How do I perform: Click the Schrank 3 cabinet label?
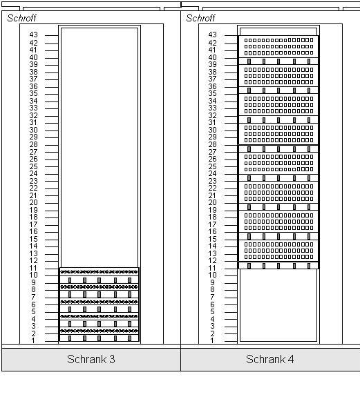(91, 359)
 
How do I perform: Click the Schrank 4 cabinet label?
(269, 359)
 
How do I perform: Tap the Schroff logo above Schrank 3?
(21, 18)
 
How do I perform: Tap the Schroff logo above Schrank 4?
(200, 18)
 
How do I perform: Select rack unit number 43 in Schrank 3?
(33, 35)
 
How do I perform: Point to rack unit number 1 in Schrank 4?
(212, 340)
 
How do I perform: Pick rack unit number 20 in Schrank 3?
(33, 202)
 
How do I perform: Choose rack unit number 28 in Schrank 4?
(212, 144)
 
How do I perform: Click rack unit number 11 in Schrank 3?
(33, 268)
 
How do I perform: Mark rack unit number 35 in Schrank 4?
(212, 93)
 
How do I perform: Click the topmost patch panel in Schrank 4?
(278, 46)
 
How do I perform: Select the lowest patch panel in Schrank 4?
(278, 251)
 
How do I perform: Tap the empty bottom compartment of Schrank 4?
(278, 305)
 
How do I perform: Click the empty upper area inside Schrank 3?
(100, 148)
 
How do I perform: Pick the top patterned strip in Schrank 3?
(99, 272)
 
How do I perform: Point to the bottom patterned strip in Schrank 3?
(99, 331)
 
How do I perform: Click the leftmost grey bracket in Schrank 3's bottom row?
(70, 338)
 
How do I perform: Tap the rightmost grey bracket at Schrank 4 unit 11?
(309, 266)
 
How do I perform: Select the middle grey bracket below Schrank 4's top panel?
(278, 61)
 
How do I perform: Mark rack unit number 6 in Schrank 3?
(33, 304)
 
